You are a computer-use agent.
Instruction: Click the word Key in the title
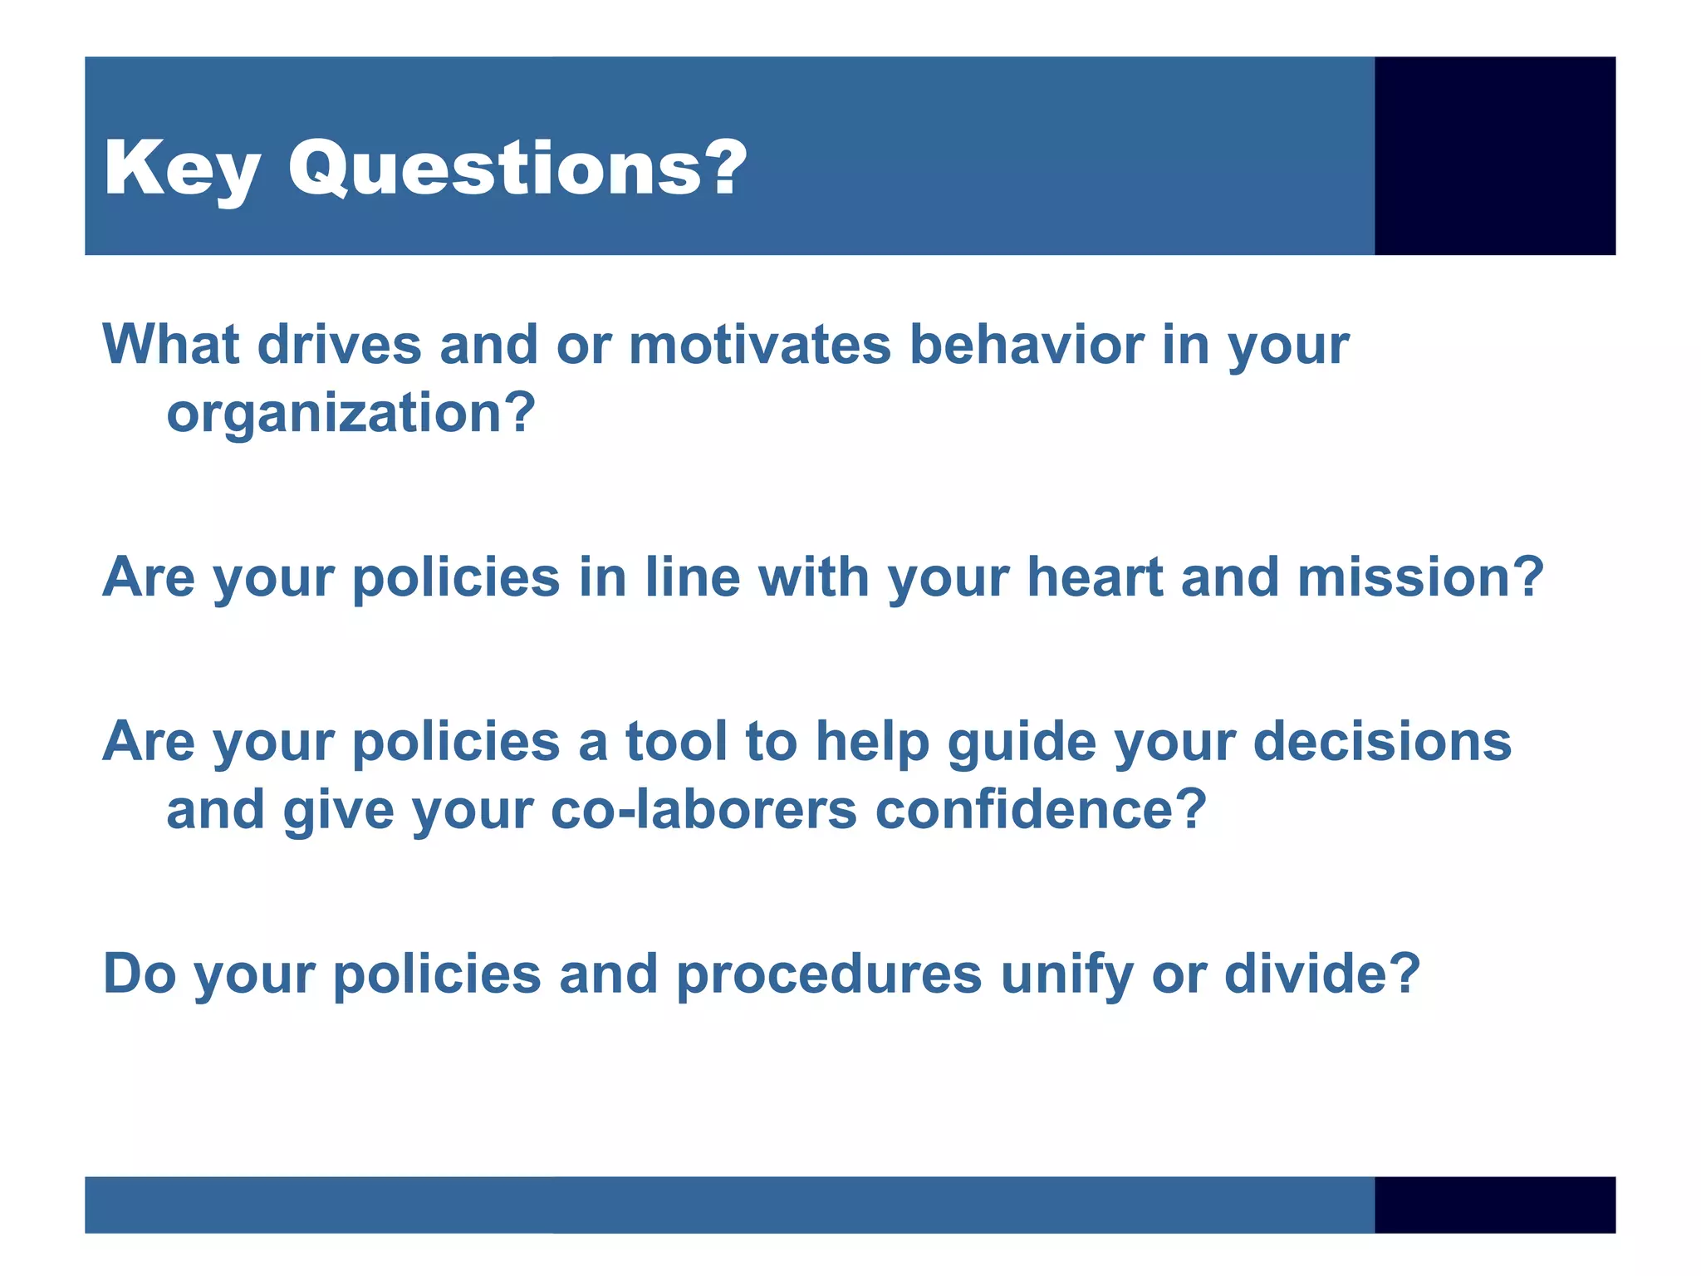click(181, 169)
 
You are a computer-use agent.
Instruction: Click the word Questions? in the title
click(517, 169)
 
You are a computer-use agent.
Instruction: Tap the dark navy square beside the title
click(1494, 155)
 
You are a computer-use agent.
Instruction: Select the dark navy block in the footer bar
click(1494, 1204)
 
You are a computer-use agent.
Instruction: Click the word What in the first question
click(171, 345)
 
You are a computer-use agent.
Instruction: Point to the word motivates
click(759, 345)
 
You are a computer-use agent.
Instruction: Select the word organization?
click(350, 414)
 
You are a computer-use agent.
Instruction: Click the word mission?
click(1420, 577)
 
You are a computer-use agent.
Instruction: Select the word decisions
click(1382, 741)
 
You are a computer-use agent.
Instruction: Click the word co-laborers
click(703, 810)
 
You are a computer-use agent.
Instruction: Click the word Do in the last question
click(140, 974)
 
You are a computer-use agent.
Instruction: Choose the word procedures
click(829, 974)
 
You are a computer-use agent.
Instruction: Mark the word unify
click(1066, 974)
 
